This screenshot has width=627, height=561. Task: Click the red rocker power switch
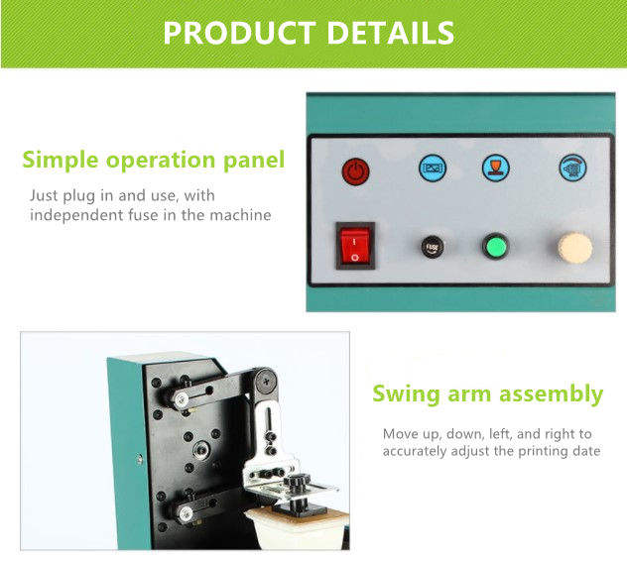[356, 244]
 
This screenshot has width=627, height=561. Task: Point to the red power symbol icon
[355, 170]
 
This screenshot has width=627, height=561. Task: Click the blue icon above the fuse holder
[433, 168]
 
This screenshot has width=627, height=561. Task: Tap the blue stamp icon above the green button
[496, 167]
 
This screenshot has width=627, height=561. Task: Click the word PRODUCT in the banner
[235, 33]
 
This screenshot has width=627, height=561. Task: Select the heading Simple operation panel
[153, 160]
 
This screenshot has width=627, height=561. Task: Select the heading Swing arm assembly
[487, 394]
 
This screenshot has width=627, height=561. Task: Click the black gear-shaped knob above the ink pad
[296, 485]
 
